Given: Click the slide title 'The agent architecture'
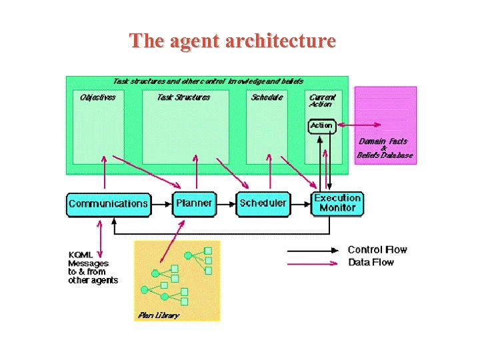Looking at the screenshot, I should [x=233, y=41].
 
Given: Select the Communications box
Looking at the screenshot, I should [x=109, y=203].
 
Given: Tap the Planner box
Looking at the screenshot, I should [x=195, y=203].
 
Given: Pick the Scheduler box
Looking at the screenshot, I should [x=263, y=203].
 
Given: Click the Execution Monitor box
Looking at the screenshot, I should [x=337, y=203].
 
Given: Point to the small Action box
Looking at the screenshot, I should [x=321, y=125].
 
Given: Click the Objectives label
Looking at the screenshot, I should [x=97, y=97].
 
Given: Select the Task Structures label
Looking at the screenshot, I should [x=183, y=97].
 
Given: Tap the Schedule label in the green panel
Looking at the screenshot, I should [x=267, y=97].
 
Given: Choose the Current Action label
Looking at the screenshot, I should [x=323, y=100].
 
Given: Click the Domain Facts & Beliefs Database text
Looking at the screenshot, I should [x=384, y=148].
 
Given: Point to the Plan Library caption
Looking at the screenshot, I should [x=158, y=315].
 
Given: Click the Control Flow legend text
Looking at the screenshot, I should [x=377, y=250].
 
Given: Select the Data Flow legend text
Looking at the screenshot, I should [x=371, y=263].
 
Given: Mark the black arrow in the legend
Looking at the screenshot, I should [x=313, y=251].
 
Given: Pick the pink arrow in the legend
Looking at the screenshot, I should [x=313, y=263].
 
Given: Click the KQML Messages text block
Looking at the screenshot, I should [x=93, y=267].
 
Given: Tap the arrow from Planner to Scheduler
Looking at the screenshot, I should [x=227, y=204].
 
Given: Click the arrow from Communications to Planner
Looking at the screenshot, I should [x=161, y=204].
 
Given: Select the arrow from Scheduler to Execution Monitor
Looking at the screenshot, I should [x=300, y=204].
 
